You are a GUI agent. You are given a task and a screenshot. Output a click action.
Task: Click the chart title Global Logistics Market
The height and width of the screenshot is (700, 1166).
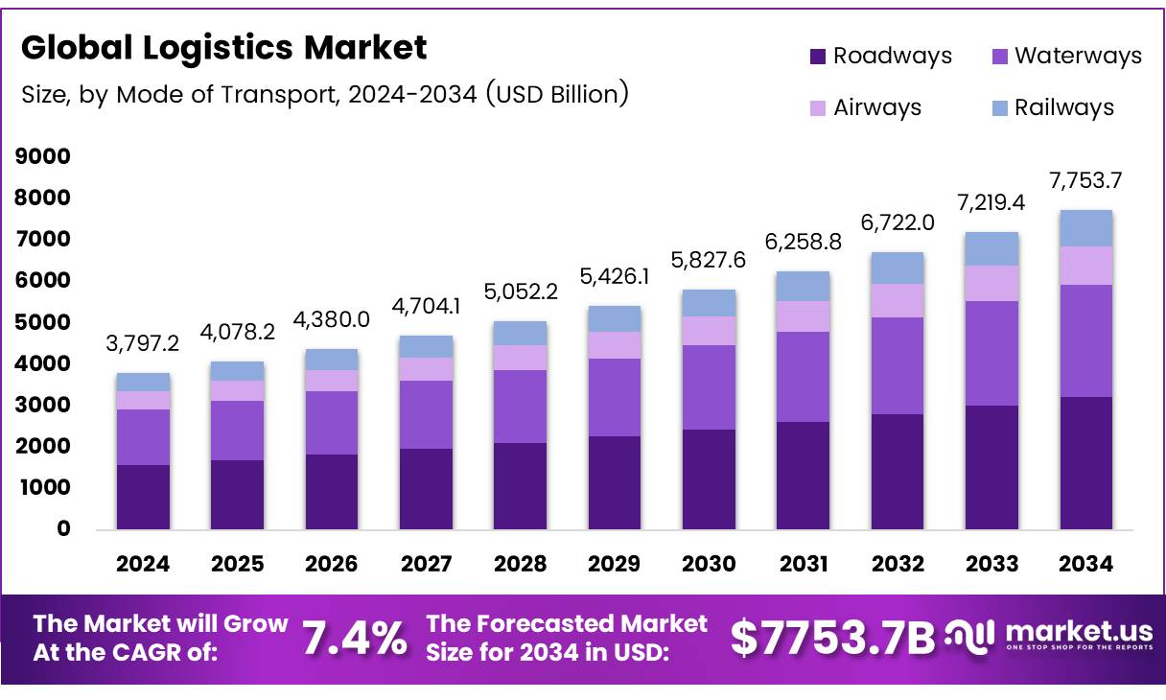(224, 46)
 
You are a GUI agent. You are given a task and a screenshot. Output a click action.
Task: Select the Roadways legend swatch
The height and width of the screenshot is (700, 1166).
(818, 56)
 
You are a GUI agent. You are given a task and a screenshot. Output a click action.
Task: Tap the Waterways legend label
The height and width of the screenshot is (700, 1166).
(1078, 56)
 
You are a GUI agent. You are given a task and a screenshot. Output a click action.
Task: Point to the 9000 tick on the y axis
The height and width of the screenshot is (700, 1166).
(43, 156)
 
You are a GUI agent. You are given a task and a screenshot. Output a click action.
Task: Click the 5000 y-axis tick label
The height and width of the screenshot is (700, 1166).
(43, 322)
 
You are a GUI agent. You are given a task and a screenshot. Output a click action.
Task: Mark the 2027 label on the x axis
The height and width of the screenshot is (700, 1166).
(425, 564)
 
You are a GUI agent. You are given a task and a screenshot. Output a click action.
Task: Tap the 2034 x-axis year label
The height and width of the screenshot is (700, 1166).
(1085, 564)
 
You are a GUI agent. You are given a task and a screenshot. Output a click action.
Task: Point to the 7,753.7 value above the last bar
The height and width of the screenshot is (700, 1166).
(1085, 181)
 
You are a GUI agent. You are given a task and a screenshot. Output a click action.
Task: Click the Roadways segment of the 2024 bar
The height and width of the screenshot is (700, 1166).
(143, 497)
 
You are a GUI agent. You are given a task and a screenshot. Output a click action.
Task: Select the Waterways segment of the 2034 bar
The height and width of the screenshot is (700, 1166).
(1085, 340)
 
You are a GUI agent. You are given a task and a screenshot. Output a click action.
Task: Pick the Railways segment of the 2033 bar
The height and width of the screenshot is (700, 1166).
(991, 248)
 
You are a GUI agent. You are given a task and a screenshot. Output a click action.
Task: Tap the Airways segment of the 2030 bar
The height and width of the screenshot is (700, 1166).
(709, 331)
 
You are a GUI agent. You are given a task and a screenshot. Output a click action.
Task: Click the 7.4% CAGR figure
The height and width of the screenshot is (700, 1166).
(355, 639)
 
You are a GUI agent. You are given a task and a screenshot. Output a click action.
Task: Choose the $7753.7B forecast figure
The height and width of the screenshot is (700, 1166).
(832, 639)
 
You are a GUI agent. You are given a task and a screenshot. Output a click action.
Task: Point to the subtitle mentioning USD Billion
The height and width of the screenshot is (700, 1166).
(325, 94)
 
